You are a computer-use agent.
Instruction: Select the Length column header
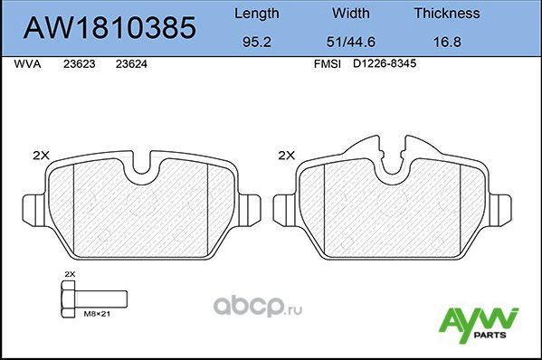point(257,14)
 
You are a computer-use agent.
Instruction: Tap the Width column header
point(350,14)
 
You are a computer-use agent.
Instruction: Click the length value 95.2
point(257,43)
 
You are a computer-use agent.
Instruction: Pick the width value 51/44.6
point(350,43)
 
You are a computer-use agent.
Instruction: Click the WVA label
point(28,65)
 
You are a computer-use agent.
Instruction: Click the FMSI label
point(326,65)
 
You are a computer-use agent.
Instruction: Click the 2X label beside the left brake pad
point(40,155)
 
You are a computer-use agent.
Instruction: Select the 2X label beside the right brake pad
point(286,155)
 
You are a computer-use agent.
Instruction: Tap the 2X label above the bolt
point(70,272)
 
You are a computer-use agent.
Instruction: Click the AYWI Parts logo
point(478,323)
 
